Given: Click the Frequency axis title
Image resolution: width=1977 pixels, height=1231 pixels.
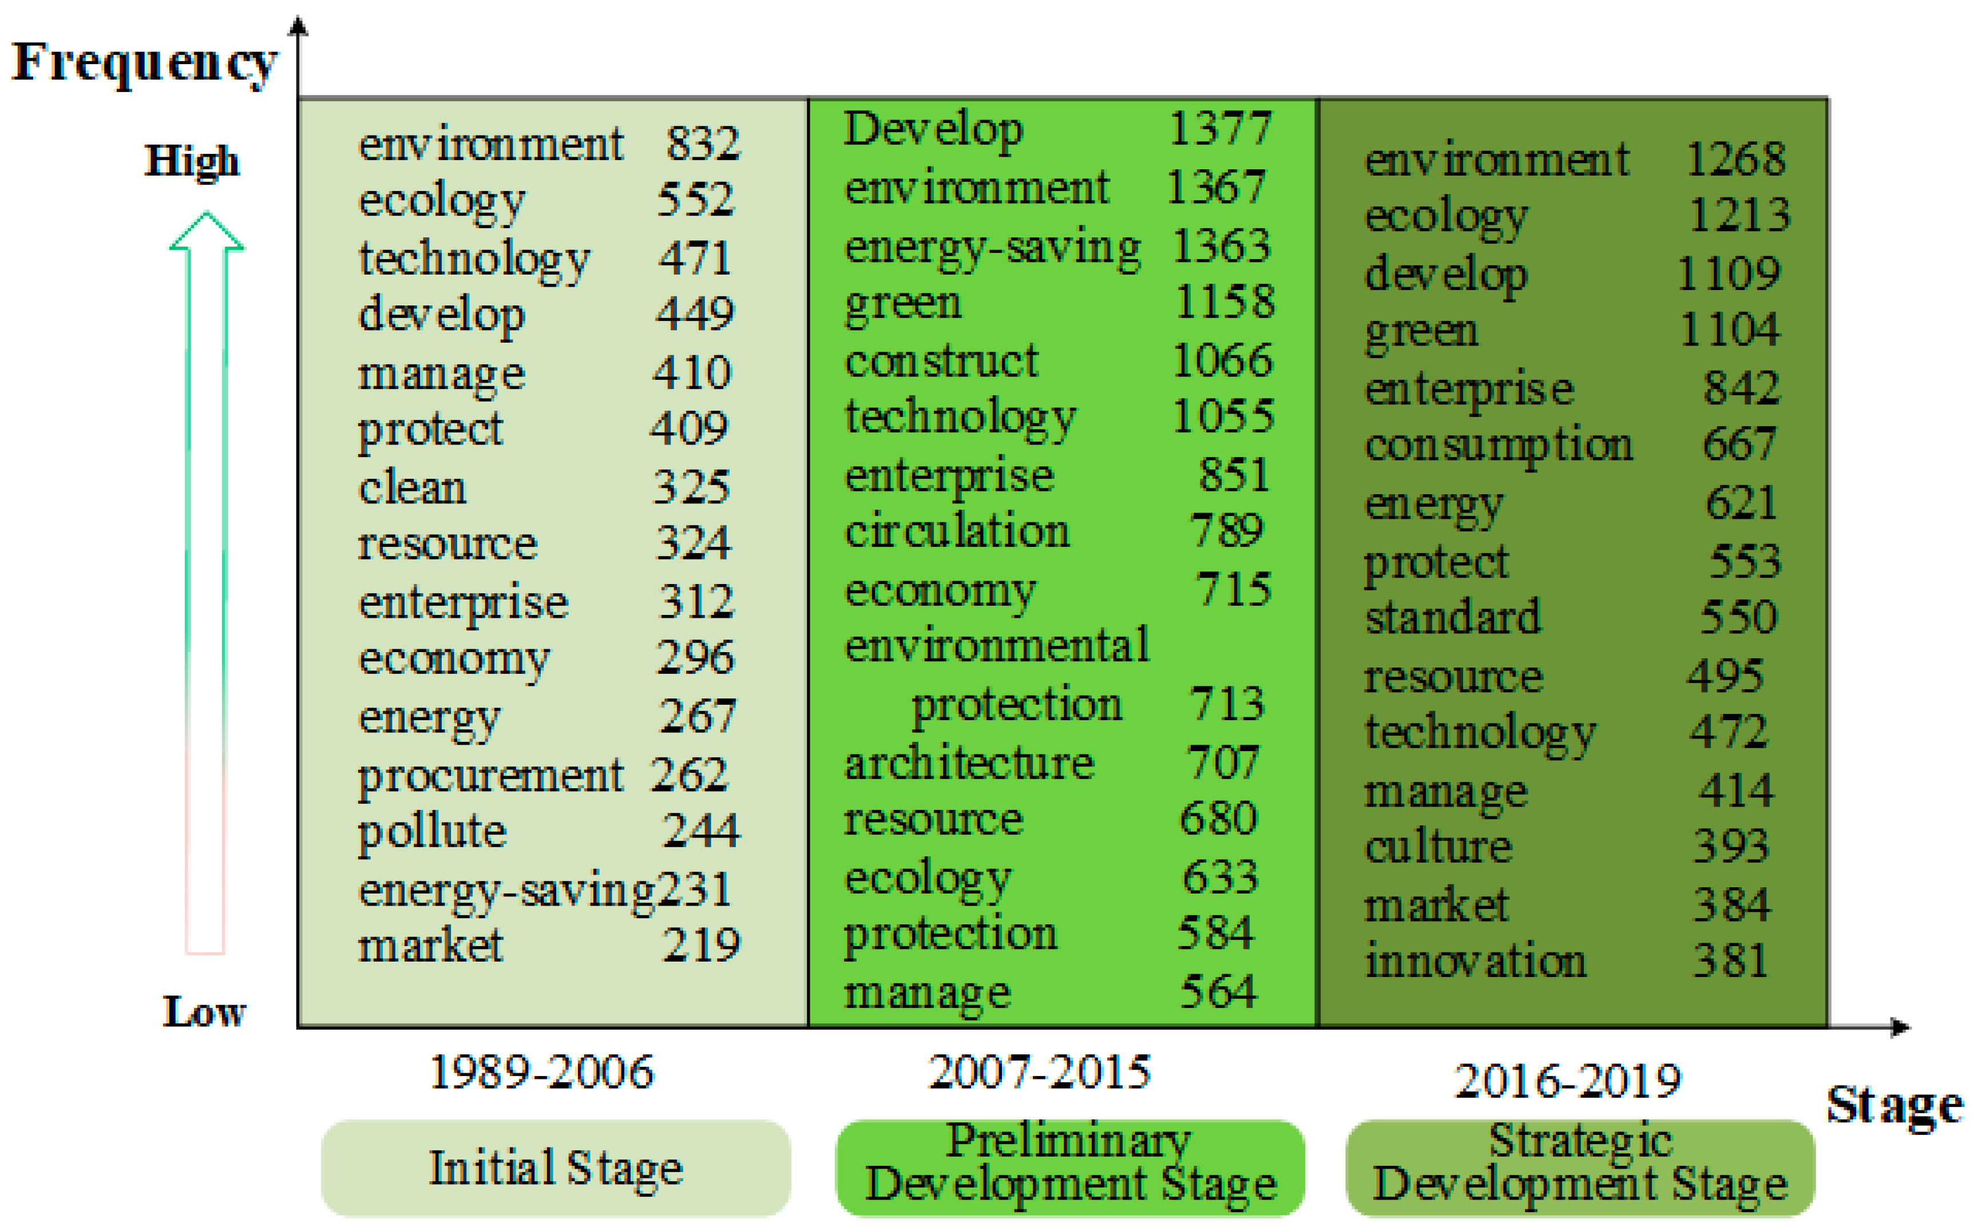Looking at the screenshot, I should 145,63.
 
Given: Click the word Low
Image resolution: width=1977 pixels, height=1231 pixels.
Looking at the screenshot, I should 204,1011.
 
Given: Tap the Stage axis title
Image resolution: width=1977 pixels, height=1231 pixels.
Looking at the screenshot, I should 1893,1106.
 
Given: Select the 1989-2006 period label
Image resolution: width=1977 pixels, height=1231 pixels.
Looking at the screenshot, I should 541,1072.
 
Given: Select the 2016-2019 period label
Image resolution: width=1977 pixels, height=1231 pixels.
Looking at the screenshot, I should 1567,1081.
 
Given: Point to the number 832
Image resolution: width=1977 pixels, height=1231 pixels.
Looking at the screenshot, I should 703,144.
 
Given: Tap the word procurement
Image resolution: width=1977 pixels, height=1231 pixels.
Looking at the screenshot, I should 490,776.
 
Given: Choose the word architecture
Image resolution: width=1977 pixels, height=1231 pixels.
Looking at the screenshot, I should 969,763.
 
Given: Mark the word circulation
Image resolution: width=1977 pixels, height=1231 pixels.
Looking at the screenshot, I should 957,531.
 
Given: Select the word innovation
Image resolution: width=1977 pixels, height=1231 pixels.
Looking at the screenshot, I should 1475,960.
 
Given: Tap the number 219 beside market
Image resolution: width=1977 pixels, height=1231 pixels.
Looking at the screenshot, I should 701,945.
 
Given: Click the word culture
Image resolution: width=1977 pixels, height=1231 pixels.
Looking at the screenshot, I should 1438,847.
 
